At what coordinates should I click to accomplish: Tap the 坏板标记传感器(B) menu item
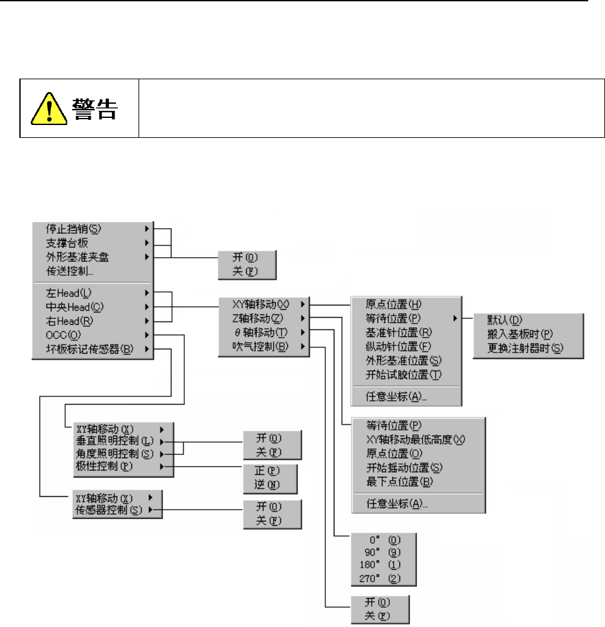pyautogui.click(x=85, y=350)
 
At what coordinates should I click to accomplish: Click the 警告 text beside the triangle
pyautogui.click(x=94, y=109)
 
